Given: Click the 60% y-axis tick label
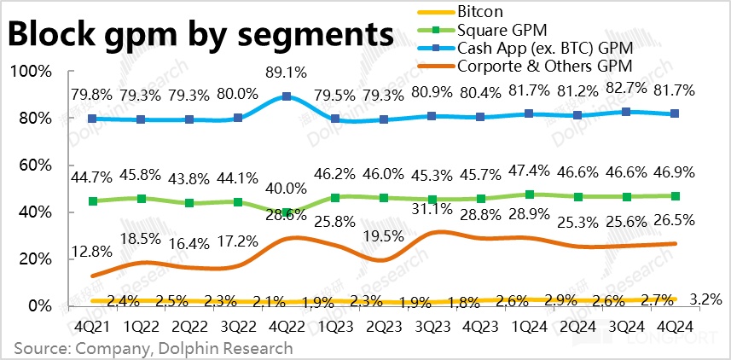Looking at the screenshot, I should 32,165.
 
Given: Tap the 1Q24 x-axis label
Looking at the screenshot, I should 530,324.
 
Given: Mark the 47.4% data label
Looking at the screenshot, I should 530,177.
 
